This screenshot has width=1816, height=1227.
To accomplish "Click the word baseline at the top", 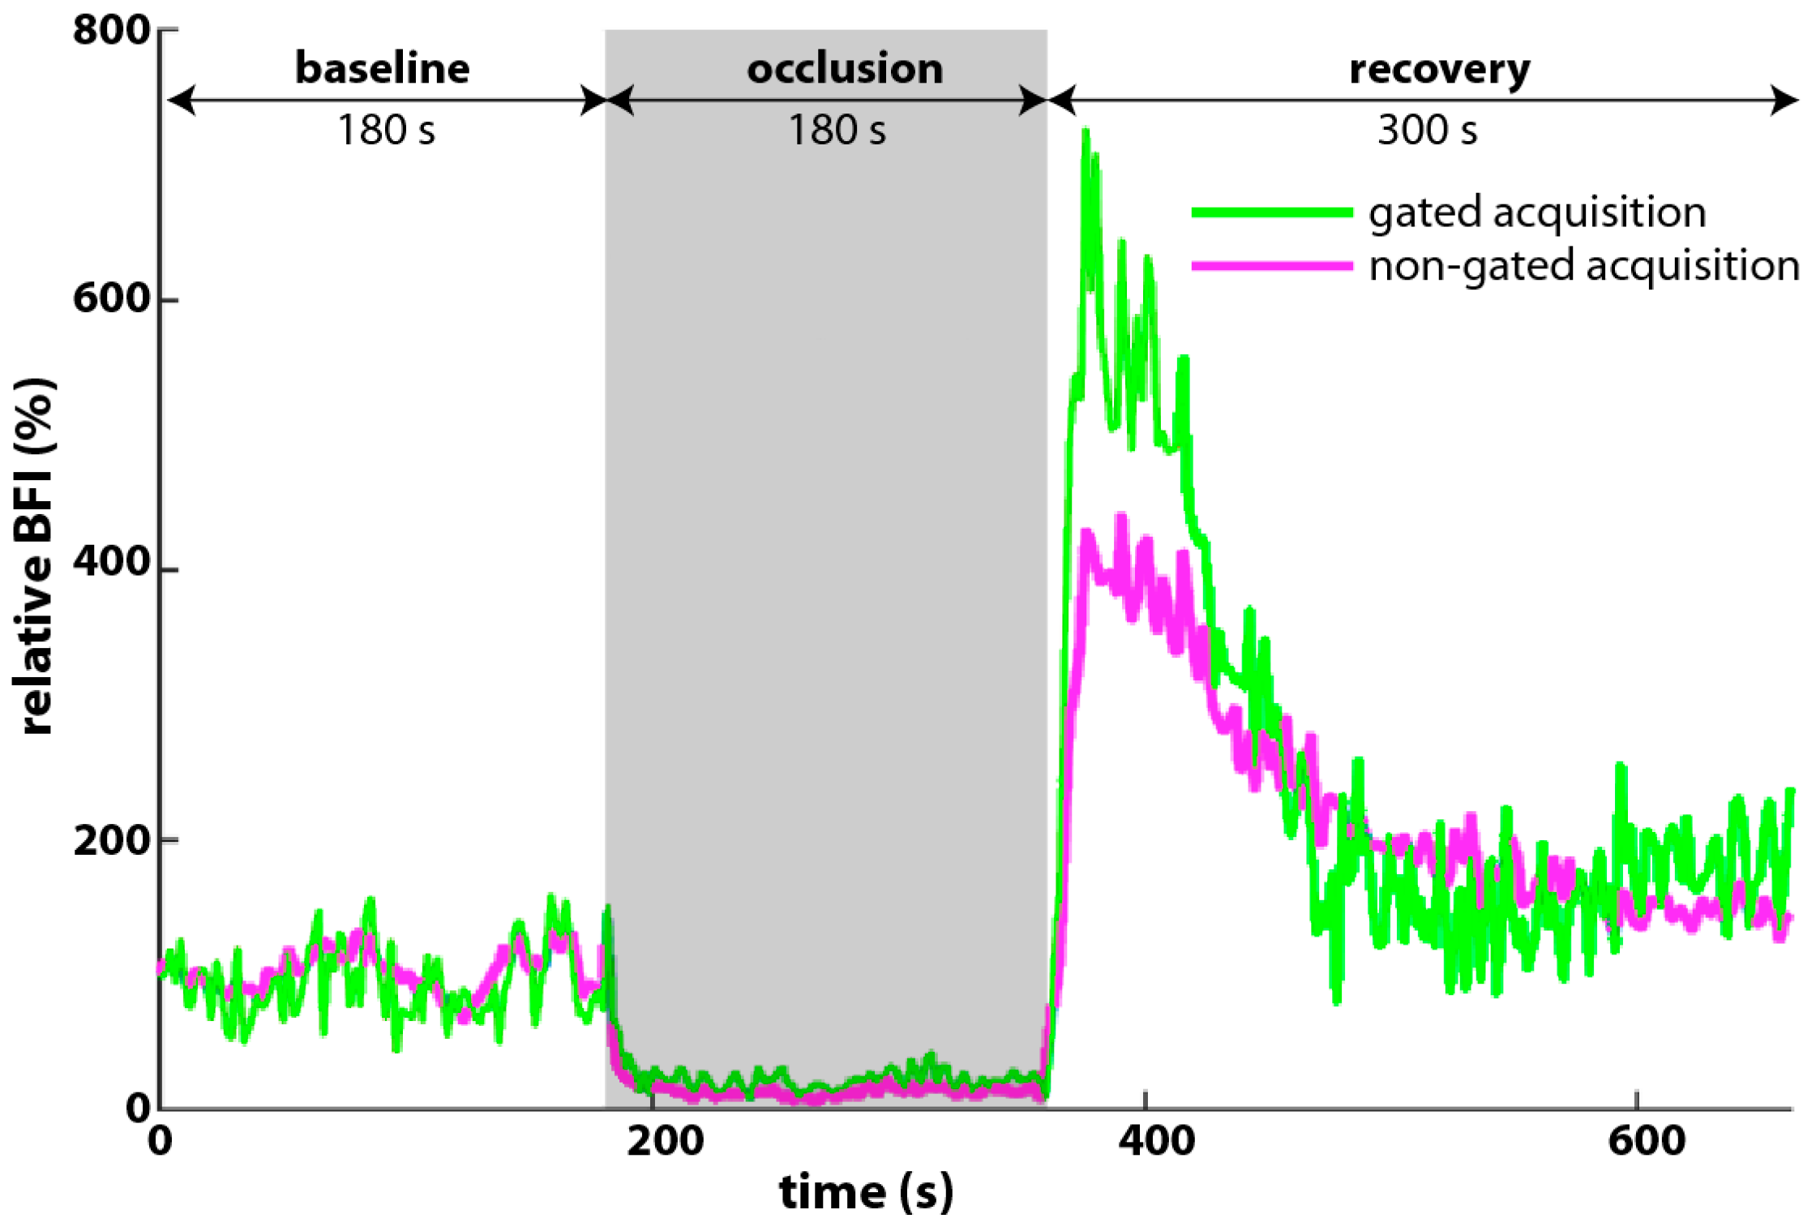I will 382,68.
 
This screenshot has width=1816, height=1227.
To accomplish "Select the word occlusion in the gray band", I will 845,69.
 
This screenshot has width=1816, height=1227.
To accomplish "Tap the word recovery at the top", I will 1440,69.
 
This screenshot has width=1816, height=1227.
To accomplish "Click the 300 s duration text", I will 1427,130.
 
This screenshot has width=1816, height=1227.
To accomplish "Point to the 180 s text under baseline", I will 386,130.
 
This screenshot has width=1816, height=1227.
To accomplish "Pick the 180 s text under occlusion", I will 837,130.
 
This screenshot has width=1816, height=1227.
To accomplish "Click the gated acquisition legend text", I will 1537,212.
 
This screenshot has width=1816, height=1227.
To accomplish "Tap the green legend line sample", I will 1271,212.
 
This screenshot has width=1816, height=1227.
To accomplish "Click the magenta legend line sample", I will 1271,266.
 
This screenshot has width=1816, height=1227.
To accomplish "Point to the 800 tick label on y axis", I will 111,31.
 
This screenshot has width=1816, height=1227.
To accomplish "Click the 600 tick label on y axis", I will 111,298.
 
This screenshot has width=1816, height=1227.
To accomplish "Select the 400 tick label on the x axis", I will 1156,1141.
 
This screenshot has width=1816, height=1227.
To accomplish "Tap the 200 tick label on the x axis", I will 665,1141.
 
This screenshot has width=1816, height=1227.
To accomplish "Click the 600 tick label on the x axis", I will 1647,1141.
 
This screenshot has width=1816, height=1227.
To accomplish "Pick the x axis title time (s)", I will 866,1192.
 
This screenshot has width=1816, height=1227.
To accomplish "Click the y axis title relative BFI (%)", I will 34,557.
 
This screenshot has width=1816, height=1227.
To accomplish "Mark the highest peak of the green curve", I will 1086,131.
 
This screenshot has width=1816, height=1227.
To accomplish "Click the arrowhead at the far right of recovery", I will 1786,101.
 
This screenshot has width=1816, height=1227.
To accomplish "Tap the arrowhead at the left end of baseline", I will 180,101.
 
